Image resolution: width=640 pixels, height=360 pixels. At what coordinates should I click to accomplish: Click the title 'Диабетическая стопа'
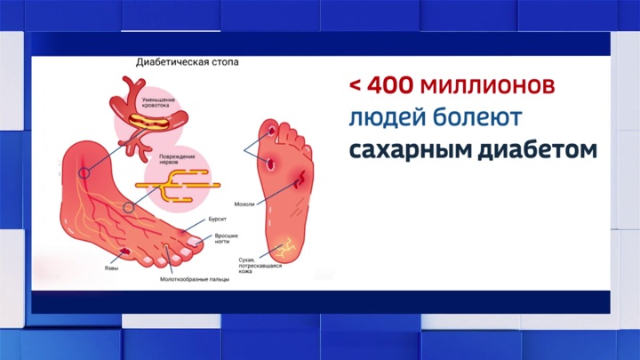pyautogui.click(x=188, y=62)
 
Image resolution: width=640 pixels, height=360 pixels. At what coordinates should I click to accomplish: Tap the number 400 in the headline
pyautogui.click(x=390, y=85)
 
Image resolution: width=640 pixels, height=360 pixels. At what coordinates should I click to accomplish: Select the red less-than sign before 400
pyautogui.click(x=355, y=85)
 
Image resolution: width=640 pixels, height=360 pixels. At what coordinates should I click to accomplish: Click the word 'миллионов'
pyautogui.click(x=487, y=85)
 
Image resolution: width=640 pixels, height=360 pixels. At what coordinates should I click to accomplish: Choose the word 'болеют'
pyautogui.click(x=476, y=116)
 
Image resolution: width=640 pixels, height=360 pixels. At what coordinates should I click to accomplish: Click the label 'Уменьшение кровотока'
pyautogui.click(x=158, y=102)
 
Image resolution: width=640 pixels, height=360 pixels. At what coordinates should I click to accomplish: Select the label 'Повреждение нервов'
pyautogui.click(x=177, y=159)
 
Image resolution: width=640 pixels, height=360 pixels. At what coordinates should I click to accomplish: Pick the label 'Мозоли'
pyautogui.click(x=244, y=204)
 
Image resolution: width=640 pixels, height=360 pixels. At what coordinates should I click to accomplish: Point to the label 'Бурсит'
pyautogui.click(x=217, y=220)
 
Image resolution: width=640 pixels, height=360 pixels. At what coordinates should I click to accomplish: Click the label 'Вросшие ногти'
pyautogui.click(x=226, y=238)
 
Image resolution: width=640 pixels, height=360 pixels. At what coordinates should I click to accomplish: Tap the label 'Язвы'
pyautogui.click(x=111, y=268)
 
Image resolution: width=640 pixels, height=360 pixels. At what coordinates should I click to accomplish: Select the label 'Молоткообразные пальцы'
pyautogui.click(x=195, y=279)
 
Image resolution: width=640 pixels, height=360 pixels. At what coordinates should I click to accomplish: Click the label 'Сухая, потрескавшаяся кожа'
pyautogui.click(x=260, y=266)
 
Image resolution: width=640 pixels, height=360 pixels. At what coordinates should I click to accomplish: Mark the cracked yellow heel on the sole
pyautogui.click(x=285, y=248)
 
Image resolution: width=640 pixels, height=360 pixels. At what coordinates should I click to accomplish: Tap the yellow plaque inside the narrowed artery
pyautogui.click(x=148, y=121)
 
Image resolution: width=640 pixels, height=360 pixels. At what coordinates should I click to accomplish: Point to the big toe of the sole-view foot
pyautogui.click(x=269, y=129)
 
